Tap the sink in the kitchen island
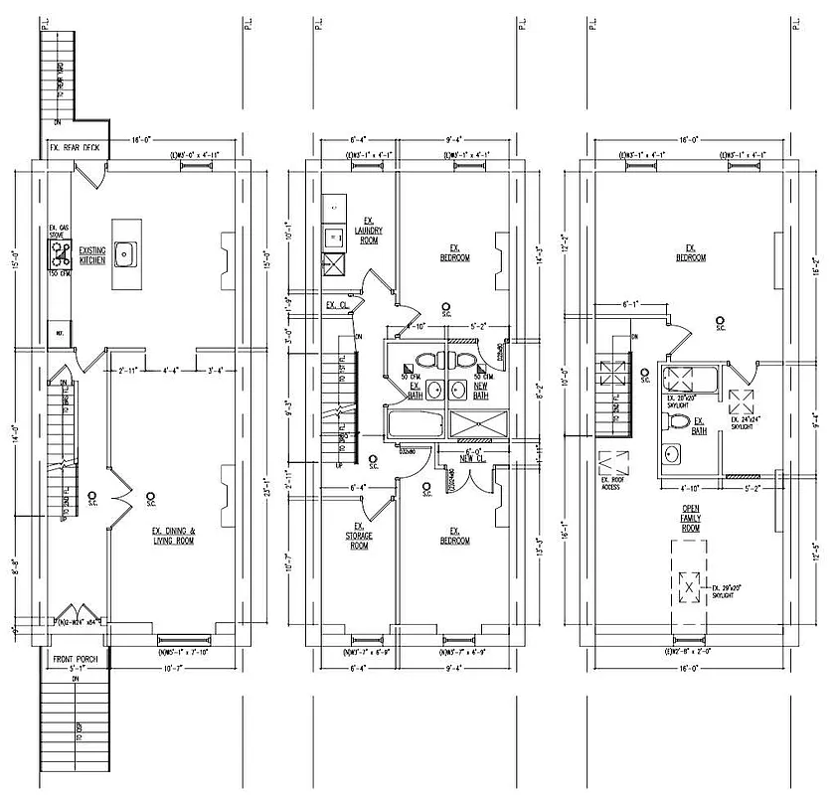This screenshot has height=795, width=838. [x=126, y=255]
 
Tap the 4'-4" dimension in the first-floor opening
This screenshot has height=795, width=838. [x=172, y=371]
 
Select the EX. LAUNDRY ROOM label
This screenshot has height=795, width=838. [x=368, y=230]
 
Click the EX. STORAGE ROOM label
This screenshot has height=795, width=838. [x=357, y=538]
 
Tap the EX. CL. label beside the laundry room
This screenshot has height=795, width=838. [x=339, y=305]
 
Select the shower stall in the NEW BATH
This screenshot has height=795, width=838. [x=479, y=424]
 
